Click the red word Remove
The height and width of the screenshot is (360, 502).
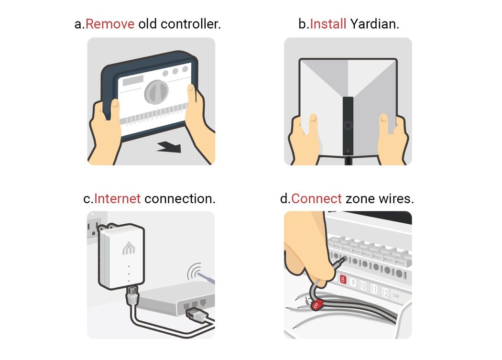coord(109,24)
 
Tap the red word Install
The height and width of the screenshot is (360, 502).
coord(328,24)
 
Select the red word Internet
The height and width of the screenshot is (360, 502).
coord(117,198)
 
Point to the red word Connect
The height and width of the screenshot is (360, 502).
coord(316,198)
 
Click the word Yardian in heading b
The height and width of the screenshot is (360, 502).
coord(374,24)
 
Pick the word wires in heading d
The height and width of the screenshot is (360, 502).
coord(396,198)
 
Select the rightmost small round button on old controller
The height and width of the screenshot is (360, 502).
coord(184,70)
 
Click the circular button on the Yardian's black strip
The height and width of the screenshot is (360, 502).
coord(348,126)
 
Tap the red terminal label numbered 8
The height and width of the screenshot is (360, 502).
coord(342,280)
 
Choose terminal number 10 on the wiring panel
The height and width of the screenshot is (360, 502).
coord(362,286)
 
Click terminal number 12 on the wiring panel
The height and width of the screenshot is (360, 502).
coord(385,293)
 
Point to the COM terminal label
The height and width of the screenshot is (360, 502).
coord(396,296)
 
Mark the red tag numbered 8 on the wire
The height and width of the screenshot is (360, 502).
coord(316,304)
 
